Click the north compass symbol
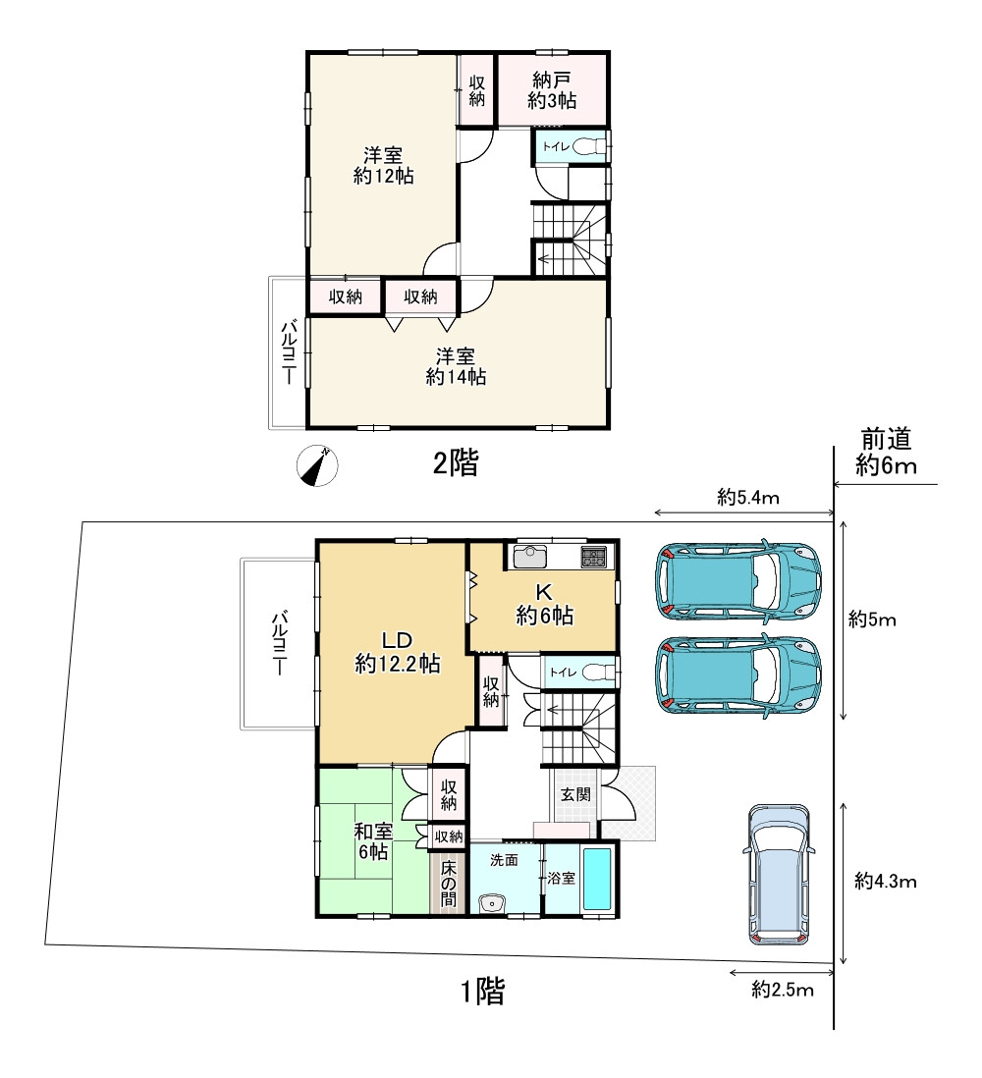pyautogui.click(x=316, y=465)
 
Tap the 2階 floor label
pyautogui.click(x=456, y=463)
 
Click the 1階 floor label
pyautogui.click(x=482, y=993)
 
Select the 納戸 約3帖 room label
pyautogui.click(x=552, y=90)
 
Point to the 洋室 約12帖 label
pyautogui.click(x=383, y=165)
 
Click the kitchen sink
pyautogui.click(x=531, y=557)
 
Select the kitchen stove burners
pyautogui.click(x=593, y=558)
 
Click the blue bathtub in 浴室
pyautogui.click(x=597, y=878)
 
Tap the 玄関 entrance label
pyautogui.click(x=575, y=794)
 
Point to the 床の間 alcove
pyautogui.click(x=449, y=882)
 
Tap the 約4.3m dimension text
pyautogui.click(x=885, y=881)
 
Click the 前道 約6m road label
pyautogui.click(x=885, y=452)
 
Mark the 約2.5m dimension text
pyautogui.click(x=783, y=990)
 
